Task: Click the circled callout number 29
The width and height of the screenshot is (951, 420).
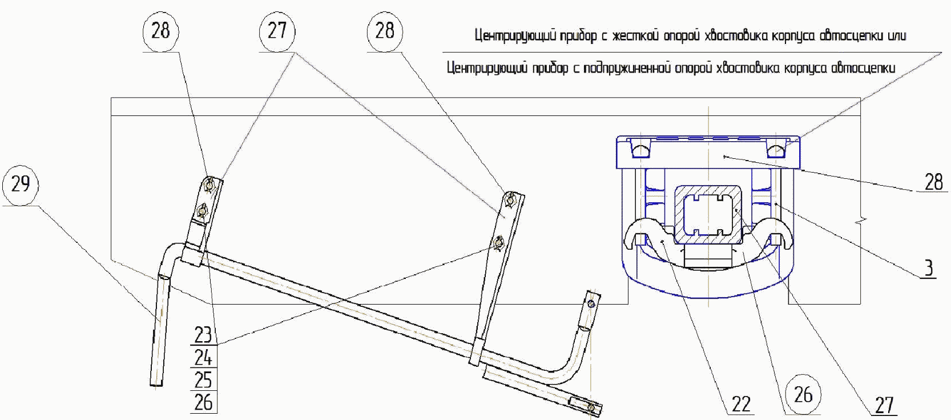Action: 20,184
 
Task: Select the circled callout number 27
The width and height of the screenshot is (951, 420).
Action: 277,30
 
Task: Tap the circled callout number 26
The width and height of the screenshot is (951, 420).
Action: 803,394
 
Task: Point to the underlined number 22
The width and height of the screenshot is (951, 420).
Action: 740,404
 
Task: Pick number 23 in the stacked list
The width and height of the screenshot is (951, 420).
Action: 203,335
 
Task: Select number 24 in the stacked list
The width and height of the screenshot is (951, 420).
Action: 203,358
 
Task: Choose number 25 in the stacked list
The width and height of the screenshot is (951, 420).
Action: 203,380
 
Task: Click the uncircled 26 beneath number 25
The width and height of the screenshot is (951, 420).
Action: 203,402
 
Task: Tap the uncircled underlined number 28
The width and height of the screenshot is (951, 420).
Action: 933,182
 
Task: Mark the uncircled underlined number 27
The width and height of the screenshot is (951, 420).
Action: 884,405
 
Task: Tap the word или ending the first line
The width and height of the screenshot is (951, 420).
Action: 897,35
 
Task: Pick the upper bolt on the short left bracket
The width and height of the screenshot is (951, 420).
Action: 210,185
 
